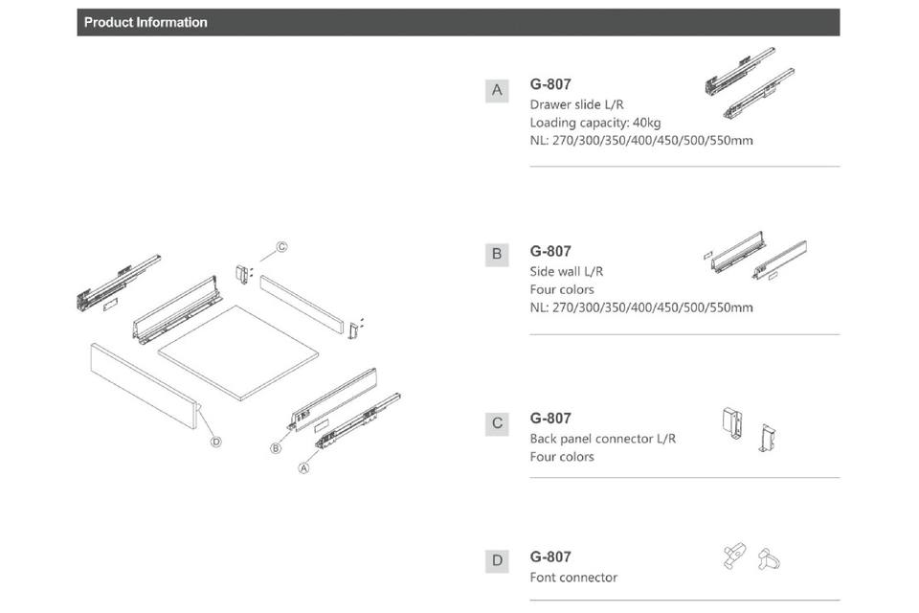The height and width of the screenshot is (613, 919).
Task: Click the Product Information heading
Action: pyautogui.click(x=146, y=22)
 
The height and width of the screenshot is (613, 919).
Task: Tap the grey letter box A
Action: pyautogui.click(x=497, y=90)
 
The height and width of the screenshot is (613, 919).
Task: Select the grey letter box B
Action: pyautogui.click(x=497, y=255)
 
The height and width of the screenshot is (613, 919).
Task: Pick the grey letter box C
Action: pyautogui.click(x=497, y=423)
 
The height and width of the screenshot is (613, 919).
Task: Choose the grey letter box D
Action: pyautogui.click(x=497, y=560)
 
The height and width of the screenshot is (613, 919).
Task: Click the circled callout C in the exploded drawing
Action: pyautogui.click(x=281, y=247)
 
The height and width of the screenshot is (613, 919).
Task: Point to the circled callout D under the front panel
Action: pyautogui.click(x=215, y=442)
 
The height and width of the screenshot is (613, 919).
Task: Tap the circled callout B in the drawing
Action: pyautogui.click(x=276, y=449)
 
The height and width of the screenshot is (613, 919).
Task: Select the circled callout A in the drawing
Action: pyautogui.click(x=303, y=468)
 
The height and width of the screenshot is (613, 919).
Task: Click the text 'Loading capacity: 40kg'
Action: pyautogui.click(x=594, y=123)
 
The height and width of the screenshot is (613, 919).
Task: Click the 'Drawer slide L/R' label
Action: pyautogui.click(x=576, y=104)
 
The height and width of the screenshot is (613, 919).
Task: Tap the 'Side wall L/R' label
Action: pyautogui.click(x=566, y=272)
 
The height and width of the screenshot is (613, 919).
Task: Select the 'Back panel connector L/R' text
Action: pyautogui.click(x=602, y=439)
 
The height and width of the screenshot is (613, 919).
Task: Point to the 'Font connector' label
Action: pyautogui.click(x=573, y=578)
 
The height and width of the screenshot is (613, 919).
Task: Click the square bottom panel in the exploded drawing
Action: pyautogui.click(x=238, y=352)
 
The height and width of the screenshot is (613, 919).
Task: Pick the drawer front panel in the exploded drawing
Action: pyautogui.click(x=145, y=386)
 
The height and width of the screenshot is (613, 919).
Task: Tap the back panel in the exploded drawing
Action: pyautogui.click(x=302, y=305)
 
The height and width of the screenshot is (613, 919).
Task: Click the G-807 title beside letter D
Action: pyautogui.click(x=550, y=556)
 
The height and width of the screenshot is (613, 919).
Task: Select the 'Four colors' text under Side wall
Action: pyautogui.click(x=562, y=290)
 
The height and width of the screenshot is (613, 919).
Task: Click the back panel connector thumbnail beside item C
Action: pyautogui.click(x=749, y=430)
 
